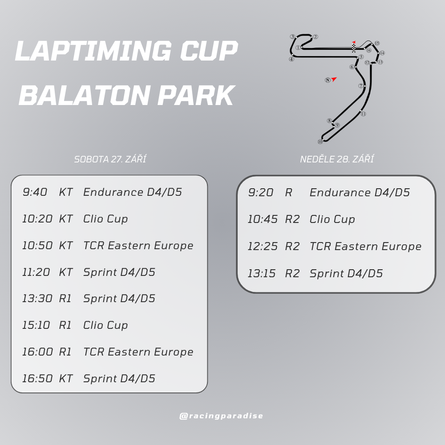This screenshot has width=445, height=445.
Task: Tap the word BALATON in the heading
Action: (x=85, y=95)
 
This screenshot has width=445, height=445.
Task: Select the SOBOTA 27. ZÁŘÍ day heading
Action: (x=110, y=159)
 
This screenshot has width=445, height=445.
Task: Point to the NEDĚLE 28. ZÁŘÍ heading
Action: (x=337, y=159)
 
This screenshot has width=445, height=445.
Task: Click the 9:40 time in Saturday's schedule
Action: (x=35, y=192)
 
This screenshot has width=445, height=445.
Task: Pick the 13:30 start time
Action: (x=37, y=299)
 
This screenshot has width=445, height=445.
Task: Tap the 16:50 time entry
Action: (x=37, y=378)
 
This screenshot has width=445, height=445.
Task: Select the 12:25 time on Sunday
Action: (x=263, y=247)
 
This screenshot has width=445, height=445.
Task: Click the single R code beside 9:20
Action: (x=289, y=192)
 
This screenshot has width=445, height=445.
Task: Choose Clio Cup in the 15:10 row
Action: (x=105, y=325)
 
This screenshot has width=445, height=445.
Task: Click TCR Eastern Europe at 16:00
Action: (x=138, y=352)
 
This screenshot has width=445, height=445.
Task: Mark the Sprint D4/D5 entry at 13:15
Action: (x=346, y=273)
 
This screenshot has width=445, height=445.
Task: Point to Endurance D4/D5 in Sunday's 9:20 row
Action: (x=360, y=192)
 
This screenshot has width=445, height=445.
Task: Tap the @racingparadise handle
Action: (x=221, y=416)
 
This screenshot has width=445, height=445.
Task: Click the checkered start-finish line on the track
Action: (x=354, y=48)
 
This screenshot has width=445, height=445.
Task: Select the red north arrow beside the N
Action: (x=334, y=79)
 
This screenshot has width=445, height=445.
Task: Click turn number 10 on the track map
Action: (x=320, y=142)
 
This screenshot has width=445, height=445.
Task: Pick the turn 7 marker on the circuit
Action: (x=361, y=86)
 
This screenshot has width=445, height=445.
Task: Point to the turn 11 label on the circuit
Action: (x=363, y=114)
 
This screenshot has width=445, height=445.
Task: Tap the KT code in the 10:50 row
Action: (x=66, y=246)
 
